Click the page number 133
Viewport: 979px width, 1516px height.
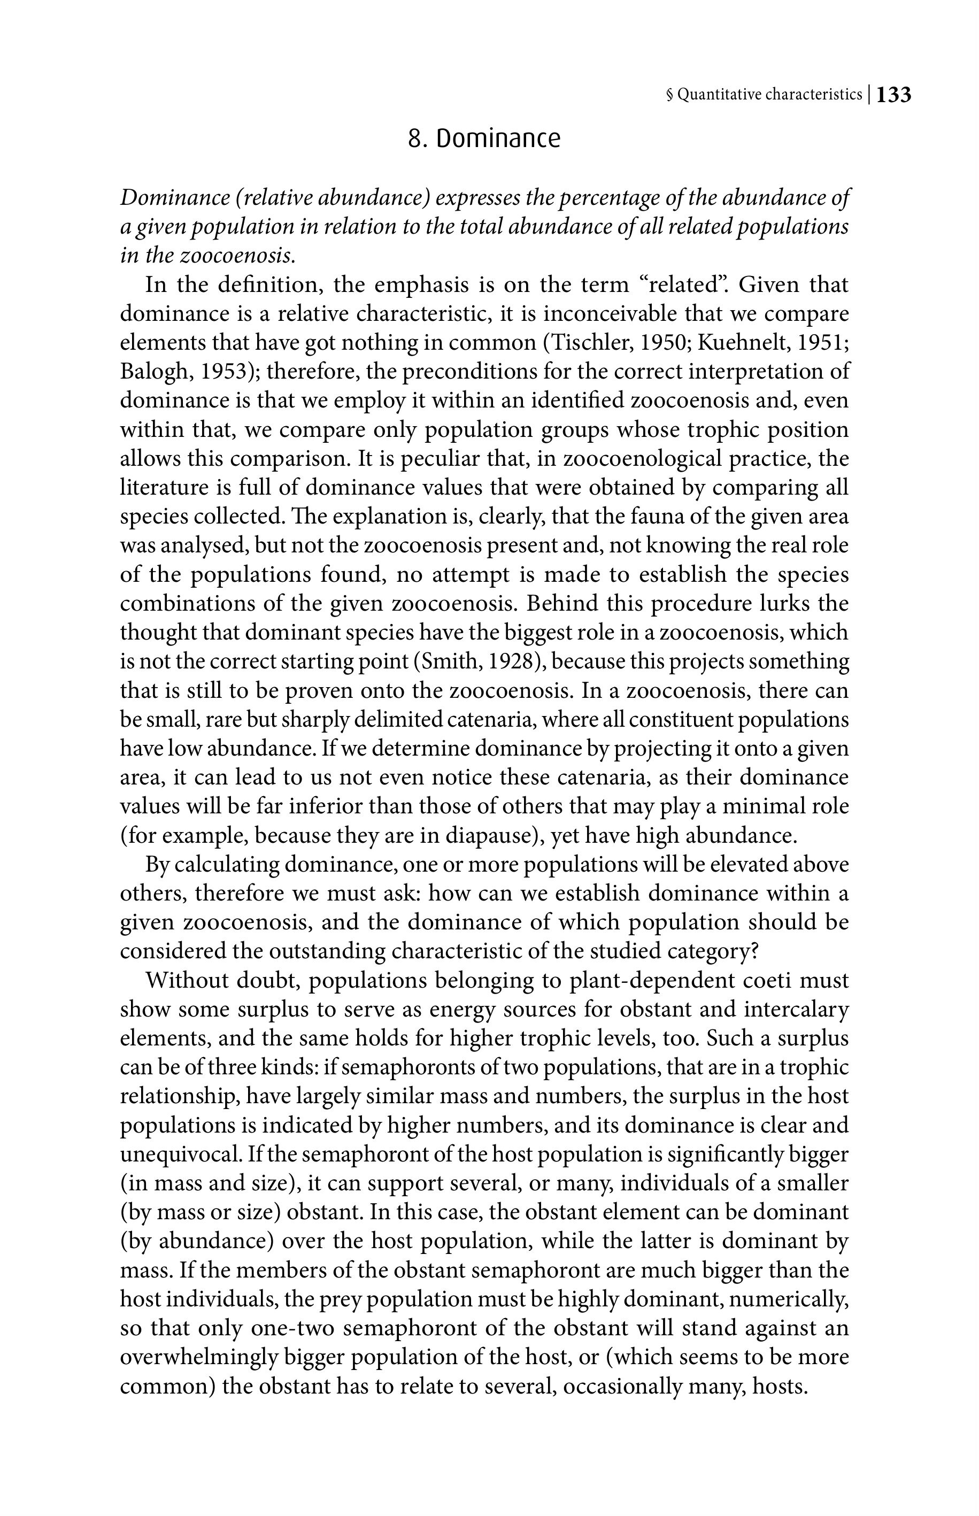click(x=894, y=95)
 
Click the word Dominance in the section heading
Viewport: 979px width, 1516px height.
click(x=498, y=138)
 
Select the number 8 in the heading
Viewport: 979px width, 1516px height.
click(x=415, y=138)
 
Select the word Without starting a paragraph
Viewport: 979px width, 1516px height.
click(x=187, y=980)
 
